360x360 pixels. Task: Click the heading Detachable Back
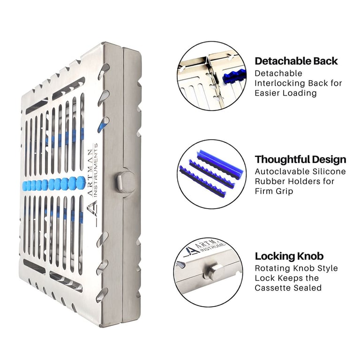tap(296, 61)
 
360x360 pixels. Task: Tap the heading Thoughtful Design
tap(300, 159)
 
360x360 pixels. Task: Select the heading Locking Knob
tap(289, 256)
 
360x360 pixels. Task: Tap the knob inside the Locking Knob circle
tap(213, 272)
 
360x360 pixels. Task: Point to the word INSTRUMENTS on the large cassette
tap(96, 170)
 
